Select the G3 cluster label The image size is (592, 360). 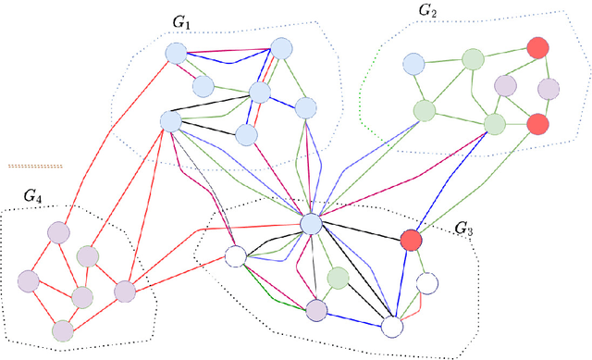464,228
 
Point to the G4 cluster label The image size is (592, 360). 33,195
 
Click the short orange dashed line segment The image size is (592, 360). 35,166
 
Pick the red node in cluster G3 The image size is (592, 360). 411,241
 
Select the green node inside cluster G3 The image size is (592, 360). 339,278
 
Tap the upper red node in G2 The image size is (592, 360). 536,46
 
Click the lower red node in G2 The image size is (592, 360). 537,124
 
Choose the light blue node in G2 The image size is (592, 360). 413,65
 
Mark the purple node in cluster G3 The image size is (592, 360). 317,310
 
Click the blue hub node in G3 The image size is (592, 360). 312,223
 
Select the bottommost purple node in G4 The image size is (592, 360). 62,329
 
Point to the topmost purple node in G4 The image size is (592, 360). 60,233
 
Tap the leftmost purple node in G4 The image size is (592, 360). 29,280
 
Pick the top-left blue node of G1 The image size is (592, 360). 175,54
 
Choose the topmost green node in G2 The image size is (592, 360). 474,59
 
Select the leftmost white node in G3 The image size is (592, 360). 235,256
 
